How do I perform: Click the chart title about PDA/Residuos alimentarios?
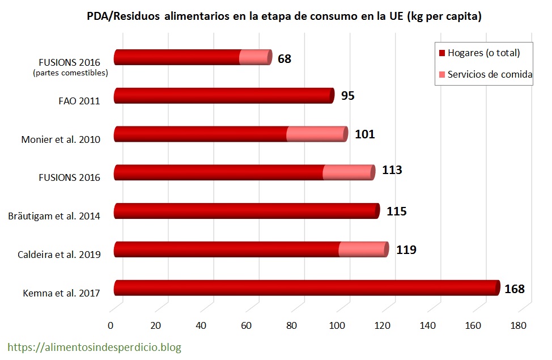click(x=284, y=16)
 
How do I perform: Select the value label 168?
click(x=515, y=289)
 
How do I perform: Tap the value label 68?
click(x=285, y=58)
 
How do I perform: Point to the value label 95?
click(x=347, y=96)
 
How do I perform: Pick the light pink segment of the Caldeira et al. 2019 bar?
click(x=363, y=249)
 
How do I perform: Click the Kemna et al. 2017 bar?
click(x=306, y=288)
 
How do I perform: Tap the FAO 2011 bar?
click(x=224, y=96)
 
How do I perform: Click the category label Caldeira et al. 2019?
click(x=60, y=255)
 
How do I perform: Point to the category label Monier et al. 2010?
click(x=61, y=139)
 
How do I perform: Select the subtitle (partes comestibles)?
click(x=70, y=73)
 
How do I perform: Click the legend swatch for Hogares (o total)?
click(x=442, y=53)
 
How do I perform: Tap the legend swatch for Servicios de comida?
click(x=442, y=74)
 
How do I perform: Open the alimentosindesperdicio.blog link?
click(x=94, y=347)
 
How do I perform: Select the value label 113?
click(x=390, y=170)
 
